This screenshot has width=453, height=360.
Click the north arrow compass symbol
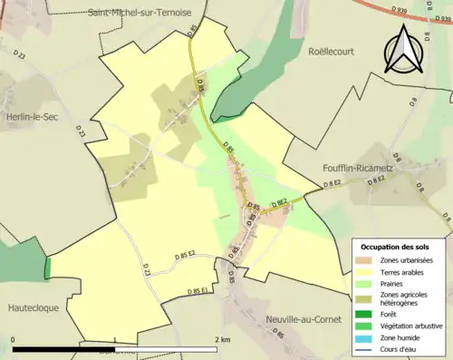[x=405, y=50]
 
